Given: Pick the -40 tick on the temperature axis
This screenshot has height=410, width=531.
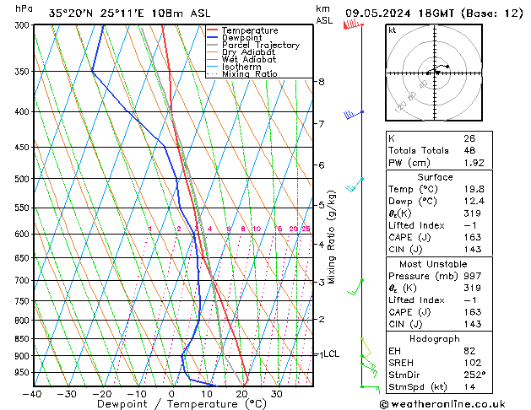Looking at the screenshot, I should click(x=32, y=394).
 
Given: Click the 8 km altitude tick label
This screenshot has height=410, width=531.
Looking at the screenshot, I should click(x=322, y=82).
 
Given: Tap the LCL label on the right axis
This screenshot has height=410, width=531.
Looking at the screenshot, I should click(x=331, y=354).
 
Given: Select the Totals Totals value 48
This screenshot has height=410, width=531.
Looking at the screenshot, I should click(x=469, y=150).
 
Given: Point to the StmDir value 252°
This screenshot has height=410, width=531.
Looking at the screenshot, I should click(x=474, y=375).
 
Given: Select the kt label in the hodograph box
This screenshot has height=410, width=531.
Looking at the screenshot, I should click(x=393, y=30).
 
